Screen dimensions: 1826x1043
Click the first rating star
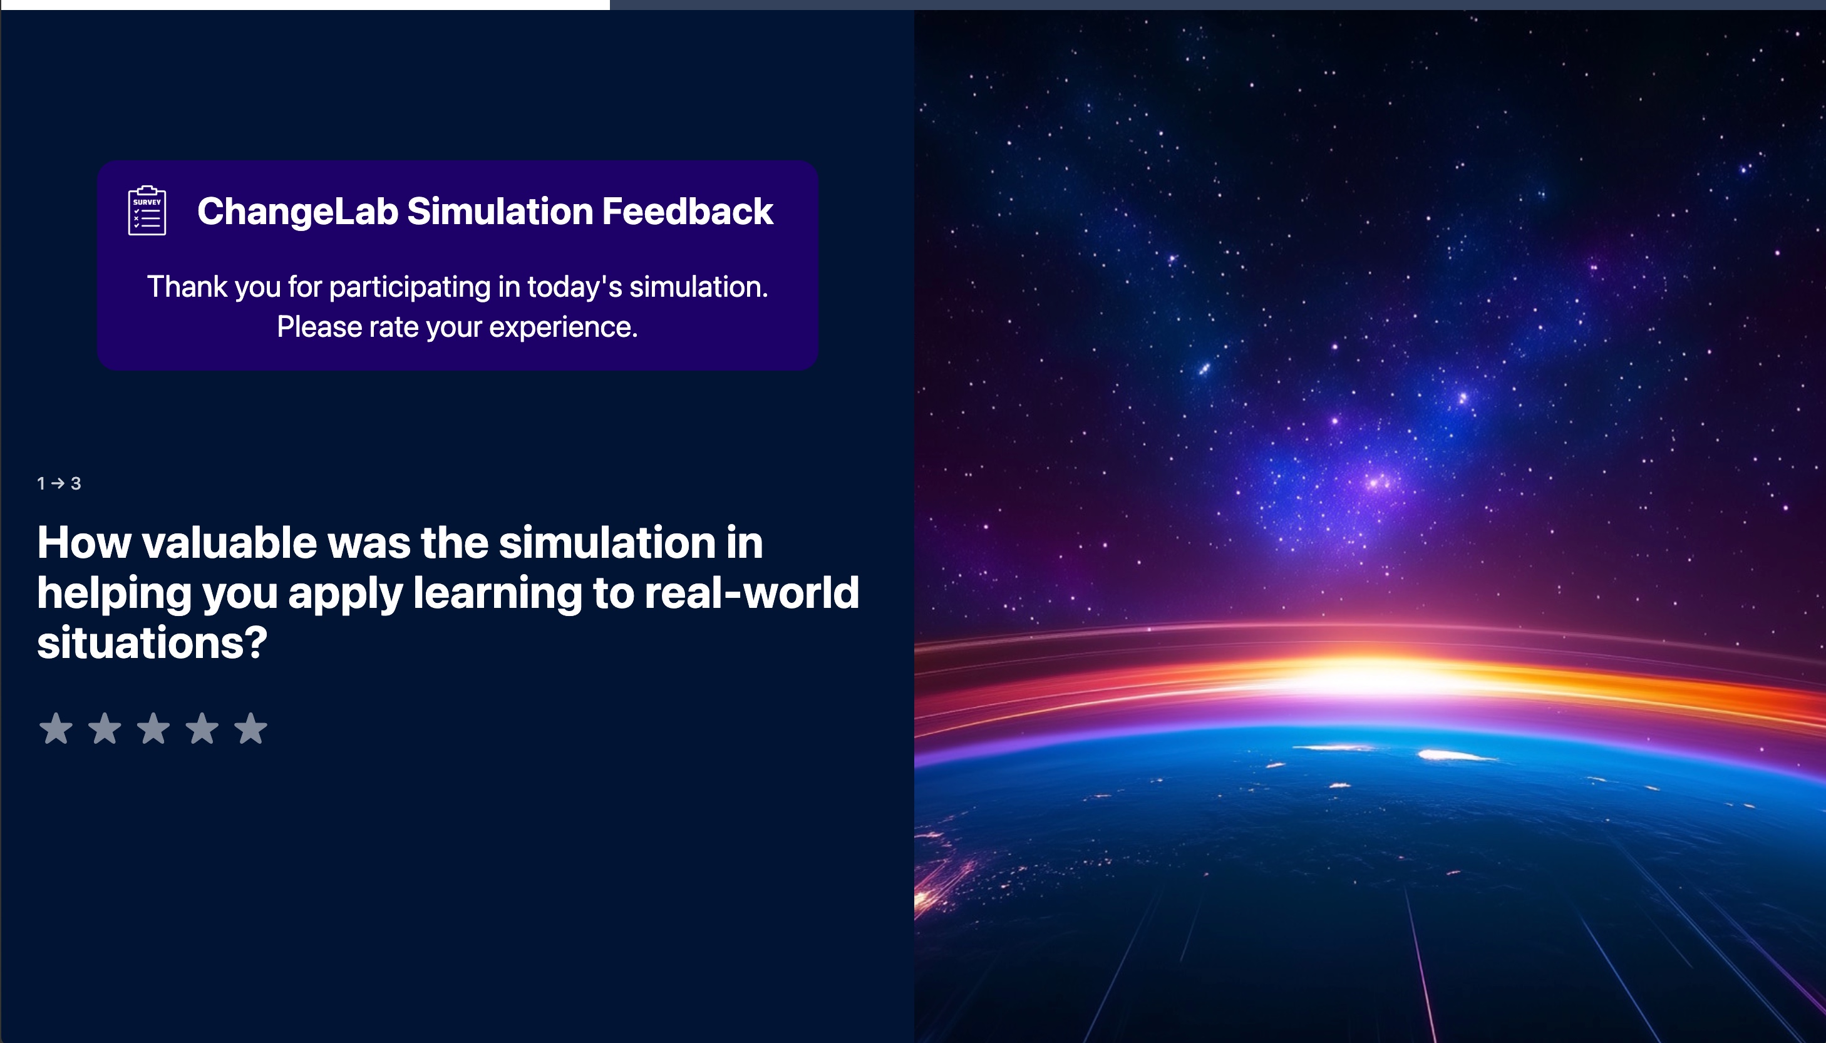pos(56,729)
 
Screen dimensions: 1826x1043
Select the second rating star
pos(105,729)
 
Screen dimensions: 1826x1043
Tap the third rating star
pos(153,729)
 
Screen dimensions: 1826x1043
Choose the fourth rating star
pos(202,729)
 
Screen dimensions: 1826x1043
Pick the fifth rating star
pos(250,729)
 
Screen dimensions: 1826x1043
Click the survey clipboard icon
pos(147,210)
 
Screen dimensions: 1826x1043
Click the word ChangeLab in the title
pos(297,212)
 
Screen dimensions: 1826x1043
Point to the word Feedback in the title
pos(687,212)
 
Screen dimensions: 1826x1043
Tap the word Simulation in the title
pos(500,212)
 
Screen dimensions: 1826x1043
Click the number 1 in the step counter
pos(41,483)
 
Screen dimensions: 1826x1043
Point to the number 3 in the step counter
pos(76,483)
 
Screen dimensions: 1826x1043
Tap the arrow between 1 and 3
pos(58,483)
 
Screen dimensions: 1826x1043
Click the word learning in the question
pos(497,594)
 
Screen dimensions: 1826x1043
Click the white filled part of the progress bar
pos(305,4)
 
